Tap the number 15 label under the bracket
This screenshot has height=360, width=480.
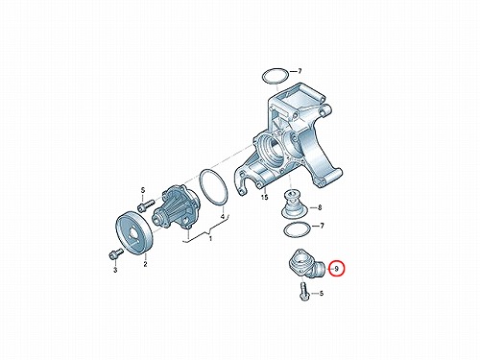[x=264, y=197]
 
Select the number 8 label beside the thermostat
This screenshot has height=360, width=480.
[x=320, y=207]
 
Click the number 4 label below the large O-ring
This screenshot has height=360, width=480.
[x=223, y=217]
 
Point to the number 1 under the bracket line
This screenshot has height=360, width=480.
[x=210, y=239]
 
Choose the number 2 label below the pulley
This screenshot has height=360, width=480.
[x=145, y=264]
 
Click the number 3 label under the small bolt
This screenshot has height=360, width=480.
[x=115, y=270]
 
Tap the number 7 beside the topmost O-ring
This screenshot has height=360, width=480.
[x=300, y=71]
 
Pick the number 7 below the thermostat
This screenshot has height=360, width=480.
[x=322, y=226]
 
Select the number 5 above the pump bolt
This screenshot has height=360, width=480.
[x=143, y=190]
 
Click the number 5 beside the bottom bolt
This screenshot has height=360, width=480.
[x=322, y=293]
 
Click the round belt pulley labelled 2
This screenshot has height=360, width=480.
[x=134, y=233]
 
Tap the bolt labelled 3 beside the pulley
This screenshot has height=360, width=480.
[x=116, y=254]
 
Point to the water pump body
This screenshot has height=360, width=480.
[x=177, y=207]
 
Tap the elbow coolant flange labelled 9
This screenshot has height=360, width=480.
[x=306, y=263]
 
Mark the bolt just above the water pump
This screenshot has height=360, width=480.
[x=146, y=205]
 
